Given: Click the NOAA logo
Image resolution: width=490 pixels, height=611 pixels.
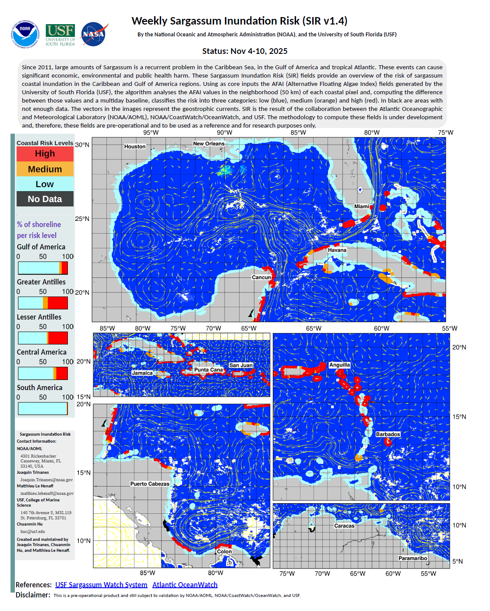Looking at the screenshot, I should (x=25, y=34).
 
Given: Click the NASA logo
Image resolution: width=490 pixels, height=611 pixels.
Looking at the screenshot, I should (x=93, y=34).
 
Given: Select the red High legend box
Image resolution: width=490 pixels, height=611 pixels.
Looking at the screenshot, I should (x=45, y=154).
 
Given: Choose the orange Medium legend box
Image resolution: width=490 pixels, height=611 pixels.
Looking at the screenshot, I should (x=45, y=169).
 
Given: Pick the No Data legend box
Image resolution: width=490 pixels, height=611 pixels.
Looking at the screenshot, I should (x=45, y=199).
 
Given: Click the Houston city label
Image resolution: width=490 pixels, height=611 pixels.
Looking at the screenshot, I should (x=135, y=146).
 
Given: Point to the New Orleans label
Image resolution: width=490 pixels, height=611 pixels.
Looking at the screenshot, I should (x=209, y=144).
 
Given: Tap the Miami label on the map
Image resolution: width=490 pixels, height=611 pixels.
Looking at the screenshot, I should (x=362, y=206).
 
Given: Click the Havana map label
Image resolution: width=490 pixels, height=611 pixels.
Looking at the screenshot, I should (x=337, y=250).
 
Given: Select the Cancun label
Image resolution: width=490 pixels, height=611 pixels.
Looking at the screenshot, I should (x=261, y=277).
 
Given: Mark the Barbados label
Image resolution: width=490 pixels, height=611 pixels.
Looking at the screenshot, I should (x=388, y=434).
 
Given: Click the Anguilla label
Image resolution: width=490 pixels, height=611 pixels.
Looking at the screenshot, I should (x=340, y=365).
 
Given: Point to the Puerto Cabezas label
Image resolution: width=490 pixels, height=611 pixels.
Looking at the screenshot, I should (x=150, y=484).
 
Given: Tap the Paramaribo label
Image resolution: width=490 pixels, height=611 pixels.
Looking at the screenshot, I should (x=413, y=558).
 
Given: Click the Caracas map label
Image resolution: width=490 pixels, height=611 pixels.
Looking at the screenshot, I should (x=345, y=526).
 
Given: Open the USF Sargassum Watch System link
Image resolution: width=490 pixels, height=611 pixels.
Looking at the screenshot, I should (x=101, y=585).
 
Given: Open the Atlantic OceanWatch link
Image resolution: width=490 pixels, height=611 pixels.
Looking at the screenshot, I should (x=185, y=585).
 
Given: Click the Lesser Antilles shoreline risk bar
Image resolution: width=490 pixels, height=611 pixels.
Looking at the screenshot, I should (x=43, y=338).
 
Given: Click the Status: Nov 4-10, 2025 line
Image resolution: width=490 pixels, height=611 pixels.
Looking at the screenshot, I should (x=245, y=51).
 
